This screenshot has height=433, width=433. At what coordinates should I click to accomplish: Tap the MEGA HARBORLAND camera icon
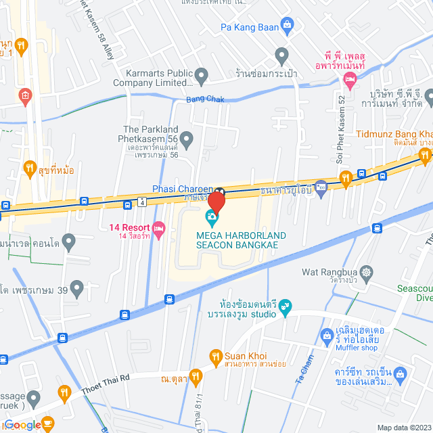pyautogui.click(x=212, y=219)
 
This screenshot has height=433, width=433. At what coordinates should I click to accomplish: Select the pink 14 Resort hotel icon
pyautogui.click(x=159, y=228)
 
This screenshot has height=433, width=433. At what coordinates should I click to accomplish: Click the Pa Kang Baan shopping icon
pyautogui.click(x=288, y=28)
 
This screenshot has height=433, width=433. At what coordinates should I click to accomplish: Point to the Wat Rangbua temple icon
pyautogui.click(x=367, y=273)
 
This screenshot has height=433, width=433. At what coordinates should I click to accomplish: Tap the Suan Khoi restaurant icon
pyautogui.click(x=215, y=356)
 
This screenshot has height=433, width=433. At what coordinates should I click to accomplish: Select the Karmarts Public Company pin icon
pyautogui.click(x=202, y=75)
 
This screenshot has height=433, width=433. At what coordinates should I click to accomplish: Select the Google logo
pyautogui.click(x=22, y=425)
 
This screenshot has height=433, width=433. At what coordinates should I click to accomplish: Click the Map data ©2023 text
pyautogui.click(x=403, y=427)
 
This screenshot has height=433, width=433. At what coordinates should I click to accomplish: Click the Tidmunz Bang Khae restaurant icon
pyautogui.click(x=425, y=156)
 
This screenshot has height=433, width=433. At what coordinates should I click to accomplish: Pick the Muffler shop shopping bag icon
pyautogui.click(x=326, y=335)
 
